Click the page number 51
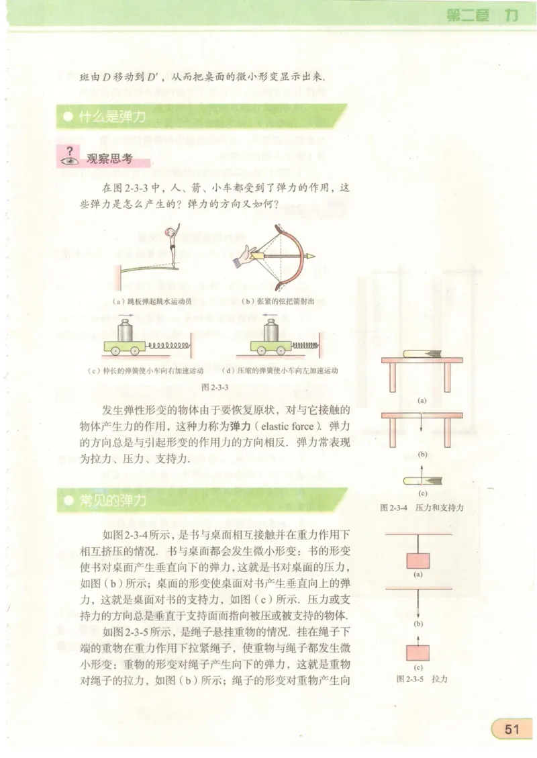click(513, 729)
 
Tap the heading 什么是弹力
click(112, 117)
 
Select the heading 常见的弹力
click(112, 501)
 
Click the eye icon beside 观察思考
click(69, 160)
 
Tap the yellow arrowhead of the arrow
click(310, 256)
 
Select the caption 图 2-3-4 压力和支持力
click(422, 508)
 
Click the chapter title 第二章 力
click(481, 16)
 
